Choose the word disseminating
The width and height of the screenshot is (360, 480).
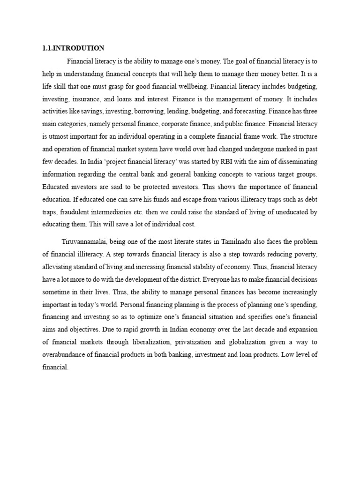click(294, 162)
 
